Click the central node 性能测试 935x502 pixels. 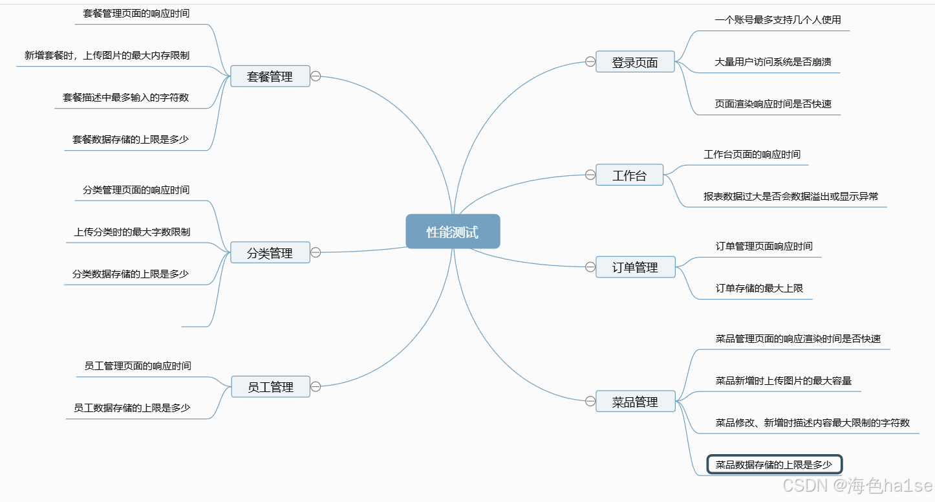(x=453, y=232)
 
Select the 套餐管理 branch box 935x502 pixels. (x=270, y=76)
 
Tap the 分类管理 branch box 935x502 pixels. (x=270, y=253)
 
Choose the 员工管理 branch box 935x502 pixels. (x=270, y=387)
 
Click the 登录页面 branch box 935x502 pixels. (x=635, y=62)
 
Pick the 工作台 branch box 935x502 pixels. (x=629, y=175)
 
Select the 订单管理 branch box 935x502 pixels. (x=635, y=267)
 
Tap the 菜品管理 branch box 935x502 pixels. (x=635, y=402)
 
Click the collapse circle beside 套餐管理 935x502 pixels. (x=316, y=76)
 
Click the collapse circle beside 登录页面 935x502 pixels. (x=590, y=61)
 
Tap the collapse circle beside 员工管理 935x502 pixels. (x=316, y=387)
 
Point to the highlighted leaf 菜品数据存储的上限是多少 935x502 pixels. (x=774, y=464)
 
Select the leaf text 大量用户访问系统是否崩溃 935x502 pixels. (x=773, y=62)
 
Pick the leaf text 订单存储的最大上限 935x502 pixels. (x=759, y=289)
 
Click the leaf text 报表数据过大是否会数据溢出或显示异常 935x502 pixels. (x=791, y=196)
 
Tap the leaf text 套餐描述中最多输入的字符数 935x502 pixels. (x=125, y=98)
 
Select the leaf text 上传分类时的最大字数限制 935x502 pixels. (x=132, y=232)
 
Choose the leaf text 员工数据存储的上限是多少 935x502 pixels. (x=132, y=408)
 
